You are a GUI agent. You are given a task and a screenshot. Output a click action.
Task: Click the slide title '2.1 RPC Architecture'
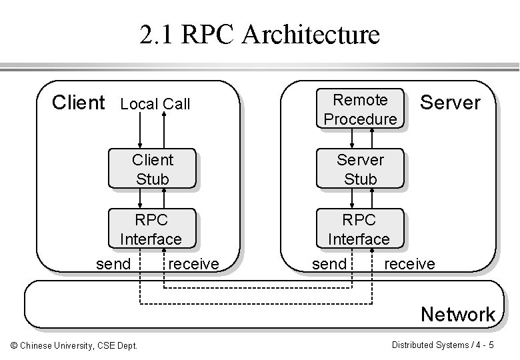tap(259, 34)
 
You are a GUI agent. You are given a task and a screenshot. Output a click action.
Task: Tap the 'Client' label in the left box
tap(78, 103)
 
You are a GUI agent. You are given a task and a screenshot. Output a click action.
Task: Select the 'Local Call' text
tap(155, 104)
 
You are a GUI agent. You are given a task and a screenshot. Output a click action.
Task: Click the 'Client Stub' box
tap(152, 169)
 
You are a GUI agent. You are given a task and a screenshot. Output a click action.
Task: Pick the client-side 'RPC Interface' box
tap(151, 229)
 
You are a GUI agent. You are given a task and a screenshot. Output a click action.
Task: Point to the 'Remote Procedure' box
tap(360, 109)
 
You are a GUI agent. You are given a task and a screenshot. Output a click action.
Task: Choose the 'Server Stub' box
tap(360, 169)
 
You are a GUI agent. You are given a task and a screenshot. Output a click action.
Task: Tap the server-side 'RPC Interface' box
tap(359, 229)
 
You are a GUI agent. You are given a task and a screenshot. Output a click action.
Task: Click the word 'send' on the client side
tap(113, 264)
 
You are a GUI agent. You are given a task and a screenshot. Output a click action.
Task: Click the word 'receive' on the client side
tap(193, 264)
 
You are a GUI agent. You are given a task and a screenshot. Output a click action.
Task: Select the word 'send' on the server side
tap(329, 264)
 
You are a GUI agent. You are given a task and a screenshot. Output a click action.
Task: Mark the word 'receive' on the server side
tap(409, 264)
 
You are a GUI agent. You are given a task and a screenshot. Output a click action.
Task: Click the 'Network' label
tap(457, 314)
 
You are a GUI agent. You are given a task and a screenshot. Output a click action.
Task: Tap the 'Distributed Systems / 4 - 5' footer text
tap(443, 345)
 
